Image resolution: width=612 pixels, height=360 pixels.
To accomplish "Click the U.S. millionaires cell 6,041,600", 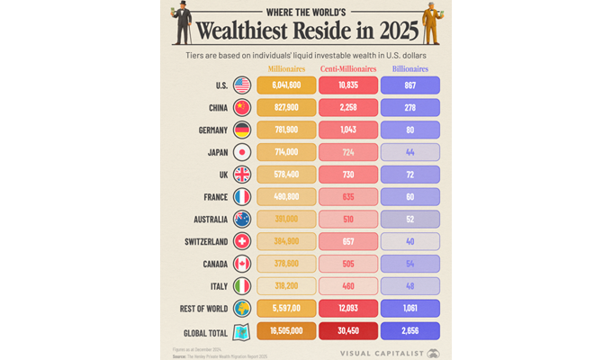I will coord(286,85).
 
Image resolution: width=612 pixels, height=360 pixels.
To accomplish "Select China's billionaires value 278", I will coord(409,108).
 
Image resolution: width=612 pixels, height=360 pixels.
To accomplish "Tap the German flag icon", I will coord(242,130).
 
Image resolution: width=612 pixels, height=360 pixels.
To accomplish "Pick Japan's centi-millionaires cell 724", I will coord(348,152).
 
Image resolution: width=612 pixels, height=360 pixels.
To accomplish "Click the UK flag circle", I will coord(242,175).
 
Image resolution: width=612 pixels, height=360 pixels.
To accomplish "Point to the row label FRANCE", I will coord(210,196).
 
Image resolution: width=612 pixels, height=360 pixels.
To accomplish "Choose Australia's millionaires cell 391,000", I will coord(286,219).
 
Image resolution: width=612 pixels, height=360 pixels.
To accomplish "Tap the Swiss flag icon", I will coord(242,241).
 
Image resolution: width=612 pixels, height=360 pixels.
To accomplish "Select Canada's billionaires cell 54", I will coord(409,264).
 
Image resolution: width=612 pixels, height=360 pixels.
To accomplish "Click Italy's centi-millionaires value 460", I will coord(348,286).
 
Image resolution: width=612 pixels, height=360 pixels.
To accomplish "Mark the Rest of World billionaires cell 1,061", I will coord(409,309).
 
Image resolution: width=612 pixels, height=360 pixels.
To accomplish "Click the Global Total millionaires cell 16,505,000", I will coord(286,331).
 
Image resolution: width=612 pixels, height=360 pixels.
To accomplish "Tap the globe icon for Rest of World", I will coord(242,309).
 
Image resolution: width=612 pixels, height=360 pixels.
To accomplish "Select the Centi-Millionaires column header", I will coord(348,68).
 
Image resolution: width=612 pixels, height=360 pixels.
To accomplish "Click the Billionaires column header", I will coord(409,68).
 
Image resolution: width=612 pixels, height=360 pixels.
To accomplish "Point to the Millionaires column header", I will coord(286,68).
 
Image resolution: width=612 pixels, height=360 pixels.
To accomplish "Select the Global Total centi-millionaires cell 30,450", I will coord(348,331).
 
